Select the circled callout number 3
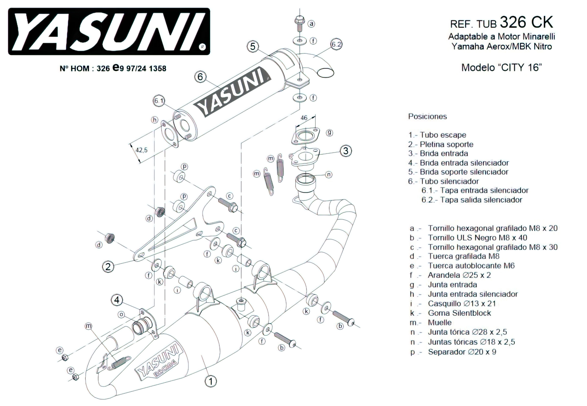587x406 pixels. [x=346, y=151]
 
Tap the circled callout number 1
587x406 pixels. [x=211, y=381]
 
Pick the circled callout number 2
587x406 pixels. [x=108, y=267]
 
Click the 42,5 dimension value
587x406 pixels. [x=141, y=150]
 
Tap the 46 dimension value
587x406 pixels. [x=304, y=118]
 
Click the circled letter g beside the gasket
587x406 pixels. [x=329, y=133]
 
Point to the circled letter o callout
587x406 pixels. [x=121, y=315]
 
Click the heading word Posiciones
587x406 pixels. [x=427, y=117]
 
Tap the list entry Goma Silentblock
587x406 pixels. [x=459, y=313]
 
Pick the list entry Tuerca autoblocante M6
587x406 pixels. [x=471, y=266]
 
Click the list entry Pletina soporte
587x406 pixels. [x=446, y=144]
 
